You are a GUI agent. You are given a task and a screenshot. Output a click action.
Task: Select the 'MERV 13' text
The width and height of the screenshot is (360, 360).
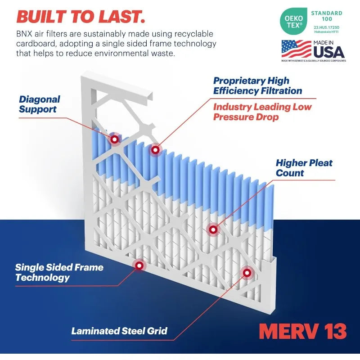click(303, 331)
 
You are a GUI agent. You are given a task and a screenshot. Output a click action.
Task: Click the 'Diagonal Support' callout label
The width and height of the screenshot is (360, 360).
click(40, 104)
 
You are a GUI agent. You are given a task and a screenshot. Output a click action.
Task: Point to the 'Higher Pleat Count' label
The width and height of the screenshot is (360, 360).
click(304, 167)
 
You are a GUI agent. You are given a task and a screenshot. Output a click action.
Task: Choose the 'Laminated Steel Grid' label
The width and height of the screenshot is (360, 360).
click(119, 331)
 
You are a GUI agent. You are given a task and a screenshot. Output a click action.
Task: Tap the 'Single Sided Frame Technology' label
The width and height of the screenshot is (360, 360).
click(59, 272)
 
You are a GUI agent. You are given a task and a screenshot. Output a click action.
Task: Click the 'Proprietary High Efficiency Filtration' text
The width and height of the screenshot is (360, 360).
click(257, 85)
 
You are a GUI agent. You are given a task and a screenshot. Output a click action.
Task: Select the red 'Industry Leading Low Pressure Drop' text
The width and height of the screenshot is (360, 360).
click(262, 112)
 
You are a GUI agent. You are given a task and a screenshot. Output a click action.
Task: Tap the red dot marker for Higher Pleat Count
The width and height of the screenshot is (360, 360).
click(213, 229)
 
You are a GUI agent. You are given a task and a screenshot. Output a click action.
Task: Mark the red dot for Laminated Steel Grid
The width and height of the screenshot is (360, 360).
click(247, 272)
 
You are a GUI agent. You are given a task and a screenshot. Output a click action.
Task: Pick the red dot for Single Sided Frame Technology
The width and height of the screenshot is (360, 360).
click(139, 265)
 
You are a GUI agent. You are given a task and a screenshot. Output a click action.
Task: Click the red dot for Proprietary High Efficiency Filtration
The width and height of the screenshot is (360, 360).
click(155, 149)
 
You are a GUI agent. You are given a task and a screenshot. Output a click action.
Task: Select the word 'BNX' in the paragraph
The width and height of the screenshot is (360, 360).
click(25, 34)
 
